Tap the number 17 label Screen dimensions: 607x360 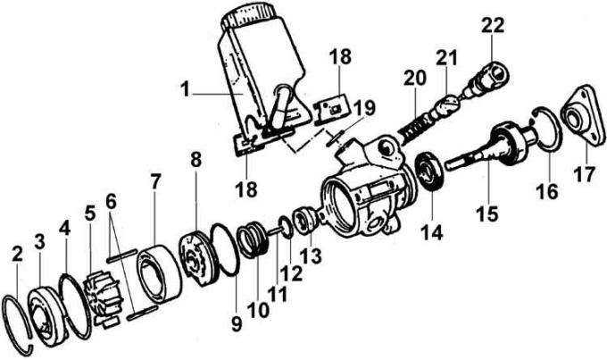coord(584,173)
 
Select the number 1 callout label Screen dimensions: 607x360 coord(186,89)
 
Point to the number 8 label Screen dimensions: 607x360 coord(195,160)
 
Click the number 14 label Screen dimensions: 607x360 coord(431,231)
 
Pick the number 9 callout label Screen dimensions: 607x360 coord(237,323)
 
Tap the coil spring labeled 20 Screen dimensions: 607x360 coord(415,129)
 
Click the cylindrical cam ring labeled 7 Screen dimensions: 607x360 coord(159,273)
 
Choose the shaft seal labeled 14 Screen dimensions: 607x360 coord(430,172)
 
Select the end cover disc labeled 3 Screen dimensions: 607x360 coord(46,316)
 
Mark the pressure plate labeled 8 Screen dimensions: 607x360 coord(197,258)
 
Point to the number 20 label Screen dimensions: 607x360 coord(415,78)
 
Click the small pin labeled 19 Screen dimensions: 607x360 coord(335,138)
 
